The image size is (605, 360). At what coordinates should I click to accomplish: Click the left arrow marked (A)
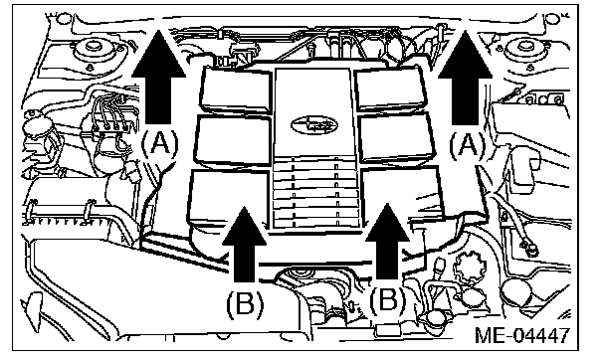tap(158, 78)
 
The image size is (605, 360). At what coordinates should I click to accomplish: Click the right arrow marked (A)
tap(465, 78)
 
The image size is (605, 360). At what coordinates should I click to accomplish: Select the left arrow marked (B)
tap(245, 244)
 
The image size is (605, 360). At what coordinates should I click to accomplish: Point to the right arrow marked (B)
tap(387, 241)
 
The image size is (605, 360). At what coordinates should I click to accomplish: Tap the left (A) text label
tap(160, 145)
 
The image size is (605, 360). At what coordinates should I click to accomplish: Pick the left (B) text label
tap(245, 303)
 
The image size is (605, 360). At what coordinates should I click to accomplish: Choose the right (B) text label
tap(388, 300)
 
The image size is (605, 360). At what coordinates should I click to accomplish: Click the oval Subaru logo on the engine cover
tap(314, 124)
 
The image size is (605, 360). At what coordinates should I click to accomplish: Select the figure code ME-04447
tap(522, 334)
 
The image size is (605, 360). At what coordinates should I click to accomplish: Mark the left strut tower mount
tap(93, 51)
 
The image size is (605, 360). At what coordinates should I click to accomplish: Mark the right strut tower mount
tap(524, 51)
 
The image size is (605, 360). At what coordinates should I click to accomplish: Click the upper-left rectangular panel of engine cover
tap(236, 90)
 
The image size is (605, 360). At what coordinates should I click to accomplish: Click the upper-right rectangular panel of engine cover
tap(390, 88)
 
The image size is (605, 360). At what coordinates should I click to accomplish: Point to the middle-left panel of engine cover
tap(233, 141)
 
